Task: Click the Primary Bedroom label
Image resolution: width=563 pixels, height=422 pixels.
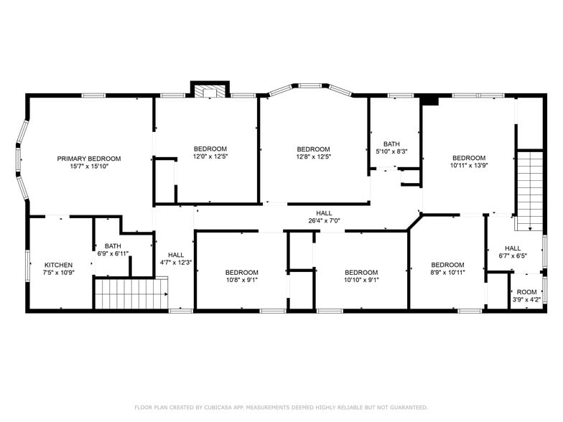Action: coord(89,159)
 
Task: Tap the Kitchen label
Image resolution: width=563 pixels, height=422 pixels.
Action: coord(59,265)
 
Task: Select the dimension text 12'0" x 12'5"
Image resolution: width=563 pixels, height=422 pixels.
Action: coord(210,156)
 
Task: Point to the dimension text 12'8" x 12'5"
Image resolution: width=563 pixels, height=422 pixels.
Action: coord(313,156)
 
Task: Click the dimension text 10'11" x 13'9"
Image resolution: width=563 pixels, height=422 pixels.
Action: coord(469,165)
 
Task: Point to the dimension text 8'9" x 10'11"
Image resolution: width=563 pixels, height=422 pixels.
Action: coord(448,273)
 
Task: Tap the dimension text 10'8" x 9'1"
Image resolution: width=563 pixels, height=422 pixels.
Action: coord(242,280)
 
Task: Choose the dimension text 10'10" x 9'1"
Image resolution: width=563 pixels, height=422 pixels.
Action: coord(362,280)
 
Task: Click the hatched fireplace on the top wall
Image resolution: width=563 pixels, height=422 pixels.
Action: coord(210,90)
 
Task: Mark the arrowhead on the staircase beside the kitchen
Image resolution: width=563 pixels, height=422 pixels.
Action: coord(167,294)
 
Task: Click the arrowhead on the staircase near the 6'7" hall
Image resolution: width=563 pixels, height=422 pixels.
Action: coord(530,228)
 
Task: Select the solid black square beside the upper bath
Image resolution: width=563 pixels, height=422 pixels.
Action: coord(430,100)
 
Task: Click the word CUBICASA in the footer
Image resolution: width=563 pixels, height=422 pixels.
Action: coord(217,408)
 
